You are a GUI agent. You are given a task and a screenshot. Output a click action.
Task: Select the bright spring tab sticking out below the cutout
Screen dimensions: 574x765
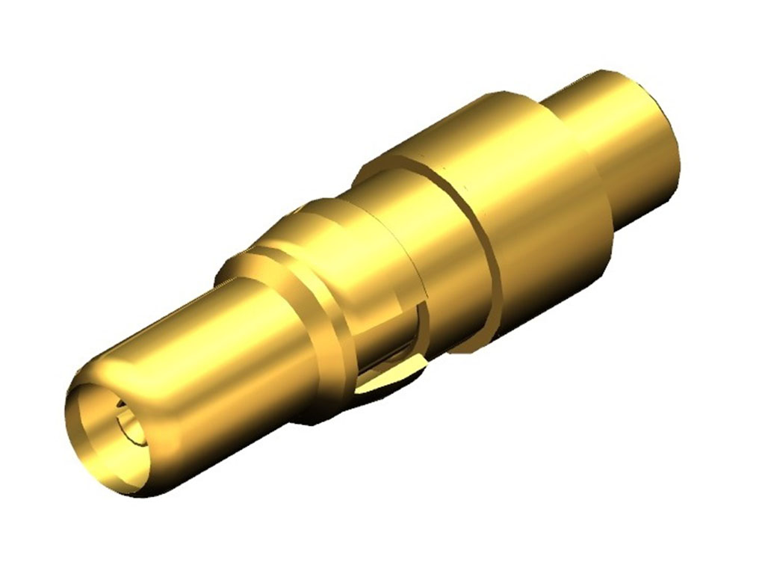[388, 381]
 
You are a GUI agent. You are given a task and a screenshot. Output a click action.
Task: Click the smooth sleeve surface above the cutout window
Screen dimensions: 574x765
[374, 247]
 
